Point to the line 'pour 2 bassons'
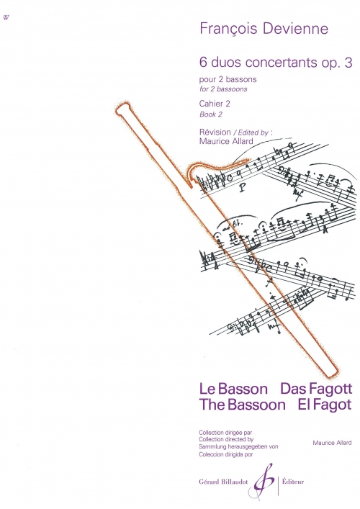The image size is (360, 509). pyautogui.click(x=228, y=79)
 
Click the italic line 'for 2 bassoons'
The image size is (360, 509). pyautogui.click(x=223, y=89)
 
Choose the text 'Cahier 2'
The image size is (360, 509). pyautogui.click(x=215, y=104)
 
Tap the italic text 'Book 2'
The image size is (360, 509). pyautogui.click(x=211, y=114)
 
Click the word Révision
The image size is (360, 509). pyautogui.click(x=215, y=132)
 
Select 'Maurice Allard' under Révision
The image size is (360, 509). pyautogui.click(x=226, y=140)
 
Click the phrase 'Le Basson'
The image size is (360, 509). pyautogui.click(x=233, y=389)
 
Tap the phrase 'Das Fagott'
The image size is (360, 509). pyautogui.click(x=316, y=388)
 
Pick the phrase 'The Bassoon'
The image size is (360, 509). pyautogui.click(x=243, y=405)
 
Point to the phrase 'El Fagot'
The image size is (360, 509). pyautogui.click(x=325, y=405)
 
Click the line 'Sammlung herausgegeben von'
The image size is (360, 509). pyautogui.click(x=238, y=446)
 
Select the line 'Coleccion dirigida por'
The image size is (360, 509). pyautogui.click(x=226, y=454)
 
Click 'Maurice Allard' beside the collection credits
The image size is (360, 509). pyautogui.click(x=332, y=443)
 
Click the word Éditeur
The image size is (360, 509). pyautogui.click(x=293, y=482)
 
